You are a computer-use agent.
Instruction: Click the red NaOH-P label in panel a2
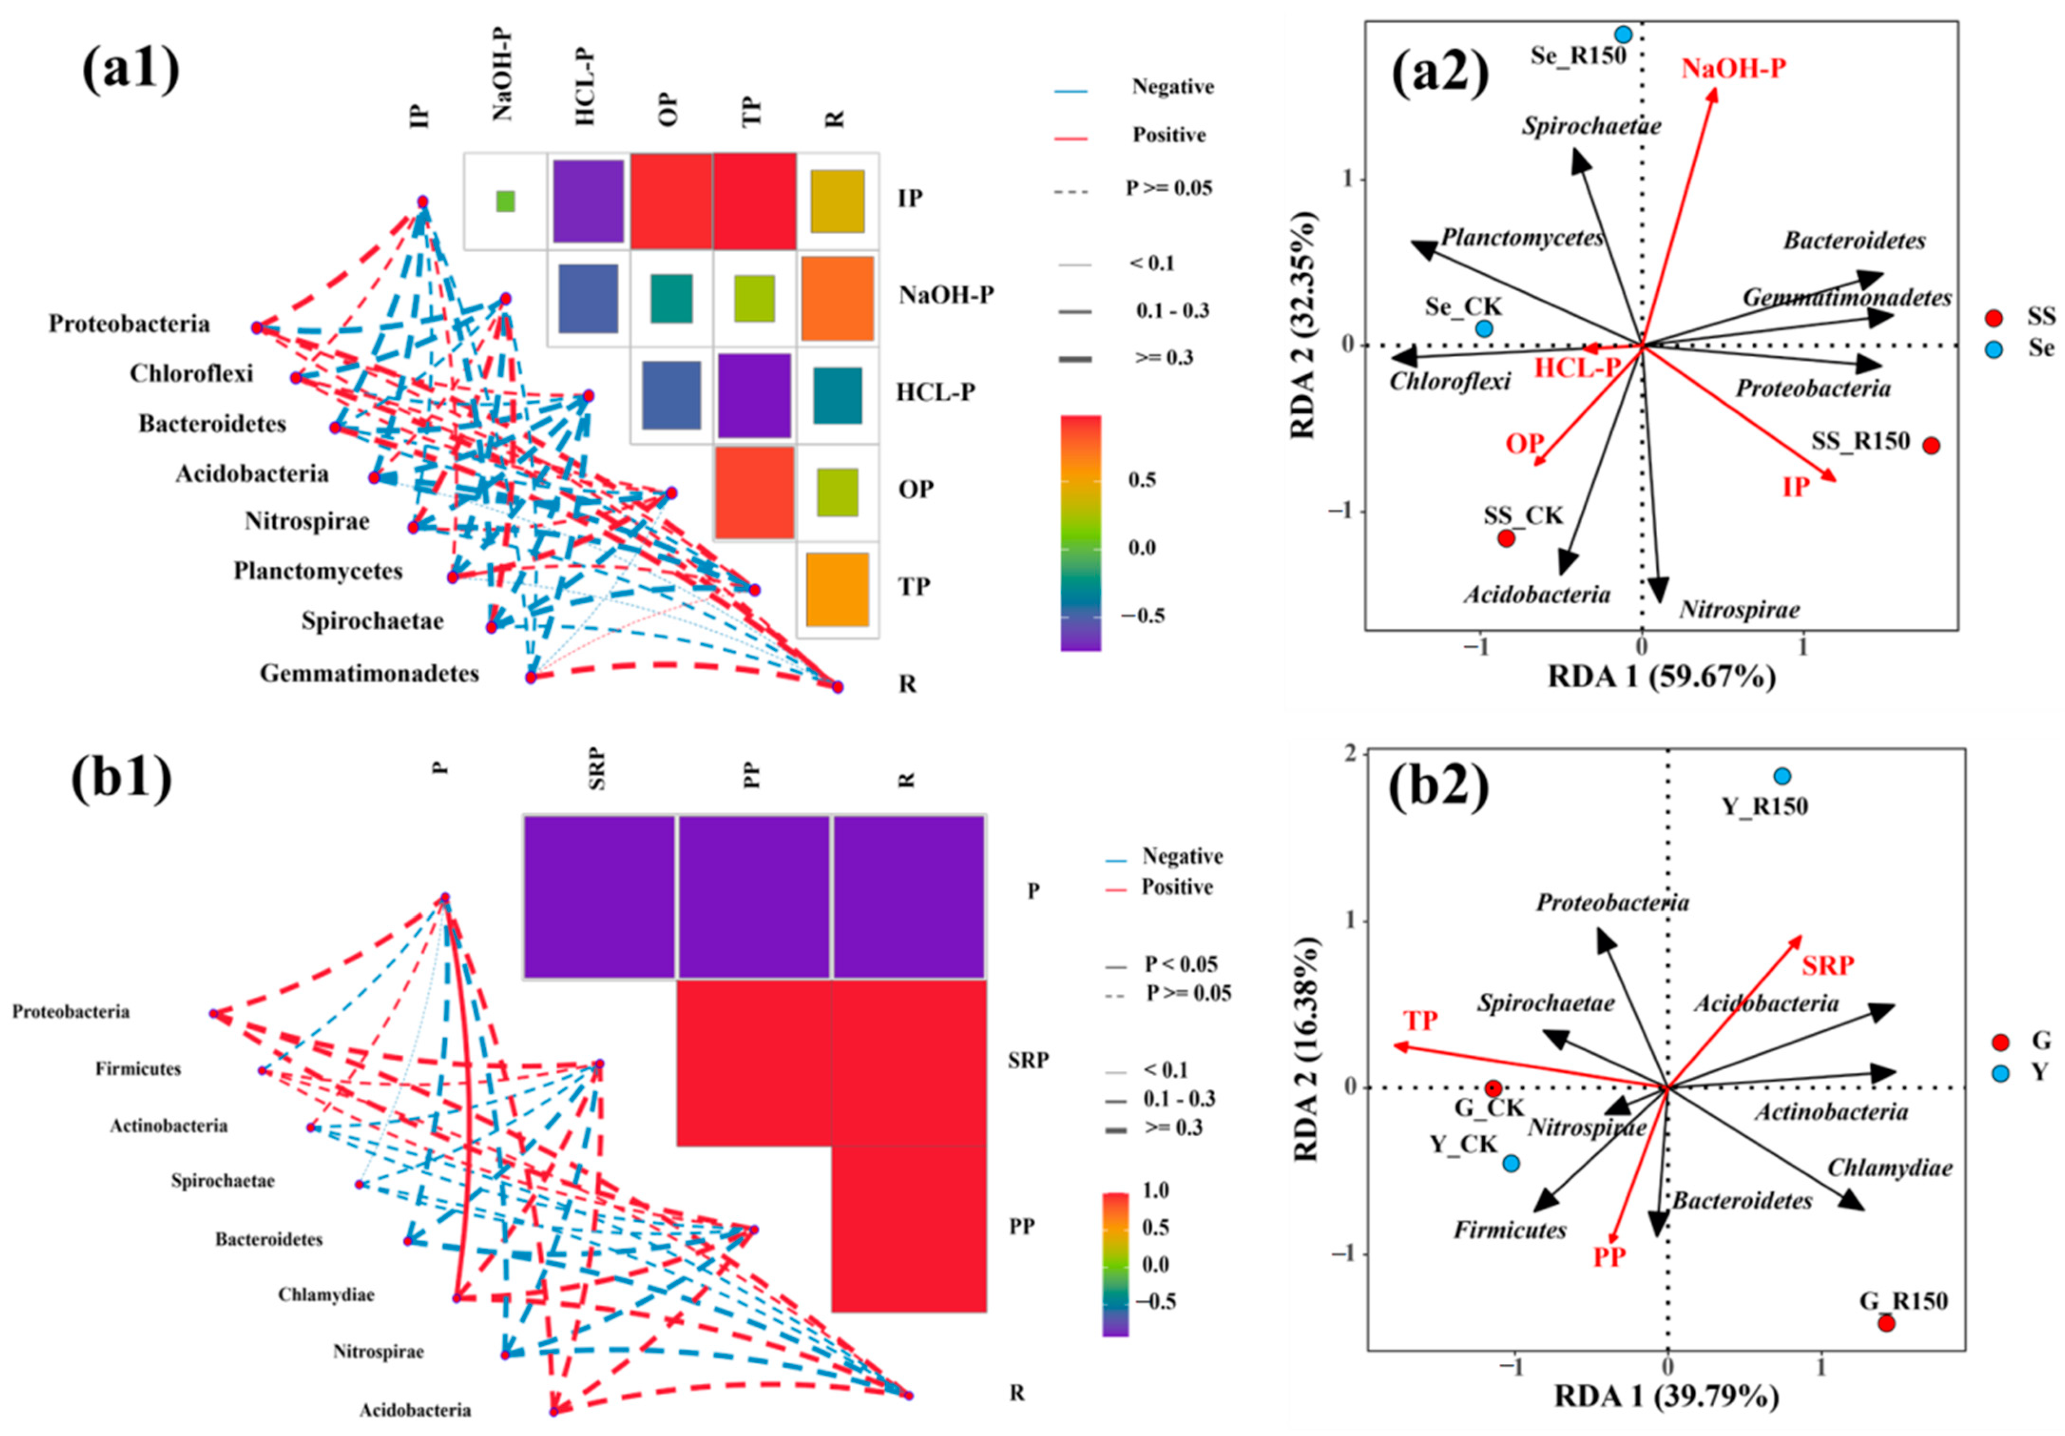pyautogui.click(x=1733, y=68)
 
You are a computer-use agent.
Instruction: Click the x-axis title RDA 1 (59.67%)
pyautogui.click(x=1661, y=676)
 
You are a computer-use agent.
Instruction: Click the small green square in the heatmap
pyautogui.click(x=506, y=201)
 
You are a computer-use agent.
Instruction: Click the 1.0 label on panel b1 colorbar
pyautogui.click(x=1155, y=1190)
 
